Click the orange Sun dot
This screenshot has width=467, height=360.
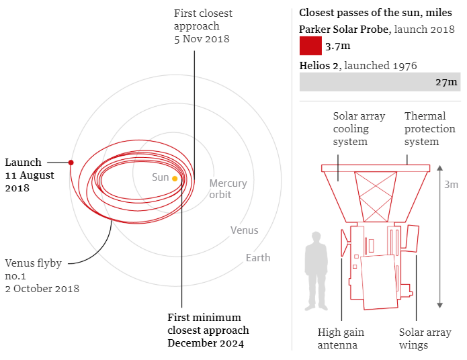(175, 179)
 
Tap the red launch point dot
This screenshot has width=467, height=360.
(71, 162)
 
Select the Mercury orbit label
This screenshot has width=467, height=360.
(228, 189)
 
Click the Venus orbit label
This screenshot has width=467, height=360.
(244, 230)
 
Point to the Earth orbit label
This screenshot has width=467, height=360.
(258, 257)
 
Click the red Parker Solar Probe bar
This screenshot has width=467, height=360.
(310, 46)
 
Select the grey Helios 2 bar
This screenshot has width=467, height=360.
(380, 82)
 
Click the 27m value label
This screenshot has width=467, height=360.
(446, 82)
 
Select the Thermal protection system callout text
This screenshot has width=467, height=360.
(421, 129)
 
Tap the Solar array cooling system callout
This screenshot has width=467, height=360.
(359, 129)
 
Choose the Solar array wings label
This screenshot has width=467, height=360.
(425, 339)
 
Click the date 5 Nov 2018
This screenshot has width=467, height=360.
(202, 39)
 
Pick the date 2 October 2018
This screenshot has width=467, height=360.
(42, 289)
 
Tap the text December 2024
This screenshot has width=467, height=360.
(206, 343)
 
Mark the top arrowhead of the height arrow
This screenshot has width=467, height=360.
(439, 168)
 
